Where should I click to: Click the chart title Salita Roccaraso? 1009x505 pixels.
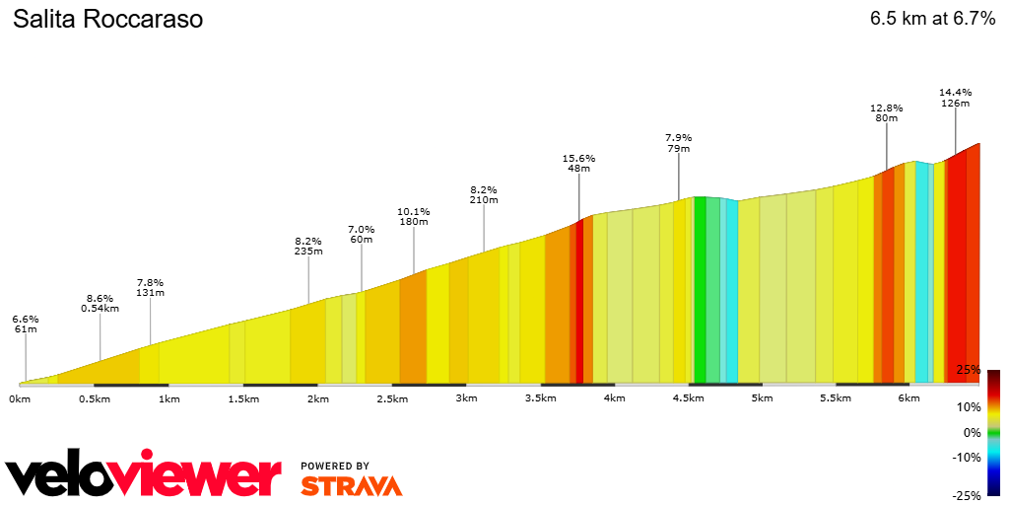pyautogui.click(x=107, y=20)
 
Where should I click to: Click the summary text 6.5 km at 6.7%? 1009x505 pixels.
pyautogui.click(x=932, y=19)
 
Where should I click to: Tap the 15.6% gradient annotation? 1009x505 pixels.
pyautogui.click(x=578, y=164)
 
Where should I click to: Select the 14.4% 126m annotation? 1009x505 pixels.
pyautogui.click(x=955, y=97)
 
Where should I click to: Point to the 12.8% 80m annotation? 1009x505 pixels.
pyautogui.click(x=886, y=112)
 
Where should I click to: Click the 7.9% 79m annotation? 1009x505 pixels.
pyautogui.click(x=678, y=143)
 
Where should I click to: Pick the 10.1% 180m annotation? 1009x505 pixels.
pyautogui.click(x=413, y=216)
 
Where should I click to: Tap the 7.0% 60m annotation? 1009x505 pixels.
pyautogui.click(x=362, y=234)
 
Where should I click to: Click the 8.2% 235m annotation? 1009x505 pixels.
pyautogui.click(x=308, y=246)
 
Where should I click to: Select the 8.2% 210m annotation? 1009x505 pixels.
pyautogui.click(x=484, y=194)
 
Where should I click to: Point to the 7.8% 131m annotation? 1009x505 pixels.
pyautogui.click(x=150, y=286)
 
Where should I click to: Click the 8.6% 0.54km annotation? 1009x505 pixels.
pyautogui.click(x=100, y=303)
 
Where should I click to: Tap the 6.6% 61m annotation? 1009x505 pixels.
pyautogui.click(x=25, y=324)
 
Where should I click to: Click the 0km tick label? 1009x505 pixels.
pyautogui.click(x=19, y=398)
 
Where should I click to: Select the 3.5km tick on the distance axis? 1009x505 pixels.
pyautogui.click(x=540, y=398)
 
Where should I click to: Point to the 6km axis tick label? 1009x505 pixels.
pyautogui.click(x=908, y=398)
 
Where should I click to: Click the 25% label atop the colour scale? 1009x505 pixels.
pyautogui.click(x=968, y=370)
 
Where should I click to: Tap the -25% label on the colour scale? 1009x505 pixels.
pyautogui.click(x=966, y=496)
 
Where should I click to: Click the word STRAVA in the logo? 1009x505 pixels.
pyautogui.click(x=351, y=485)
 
